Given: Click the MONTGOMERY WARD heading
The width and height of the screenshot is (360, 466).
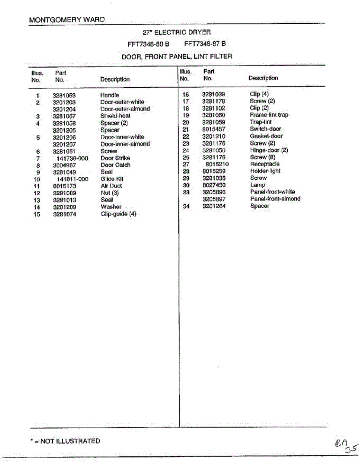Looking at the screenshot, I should (x=67, y=20).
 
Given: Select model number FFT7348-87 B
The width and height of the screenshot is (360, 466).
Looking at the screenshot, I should (x=205, y=44).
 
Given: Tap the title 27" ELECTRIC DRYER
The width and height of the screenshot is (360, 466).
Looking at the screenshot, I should (x=177, y=32).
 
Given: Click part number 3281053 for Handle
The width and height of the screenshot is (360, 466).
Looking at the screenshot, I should (x=64, y=96).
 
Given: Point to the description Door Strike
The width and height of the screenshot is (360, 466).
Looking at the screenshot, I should (x=115, y=158).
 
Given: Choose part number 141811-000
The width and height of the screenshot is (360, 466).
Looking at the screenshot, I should (x=73, y=179).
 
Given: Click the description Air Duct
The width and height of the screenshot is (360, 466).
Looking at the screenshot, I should (x=111, y=186).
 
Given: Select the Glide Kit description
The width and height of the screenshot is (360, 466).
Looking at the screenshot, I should (x=112, y=179).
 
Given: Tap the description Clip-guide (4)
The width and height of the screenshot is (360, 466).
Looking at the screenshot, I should (x=118, y=214).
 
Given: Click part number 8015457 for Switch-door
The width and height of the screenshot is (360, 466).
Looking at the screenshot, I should (x=214, y=129).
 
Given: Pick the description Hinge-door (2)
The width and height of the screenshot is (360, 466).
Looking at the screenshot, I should (x=269, y=150).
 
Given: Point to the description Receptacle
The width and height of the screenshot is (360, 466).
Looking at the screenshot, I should (x=265, y=164).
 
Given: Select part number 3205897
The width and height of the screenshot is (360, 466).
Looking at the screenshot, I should (x=214, y=199).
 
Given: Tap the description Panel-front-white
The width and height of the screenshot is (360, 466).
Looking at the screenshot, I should (x=272, y=192).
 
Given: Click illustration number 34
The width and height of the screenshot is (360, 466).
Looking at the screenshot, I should (x=186, y=206).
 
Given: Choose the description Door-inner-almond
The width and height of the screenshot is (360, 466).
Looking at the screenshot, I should (x=125, y=144).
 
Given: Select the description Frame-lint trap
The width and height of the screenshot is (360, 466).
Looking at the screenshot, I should (x=269, y=115).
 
